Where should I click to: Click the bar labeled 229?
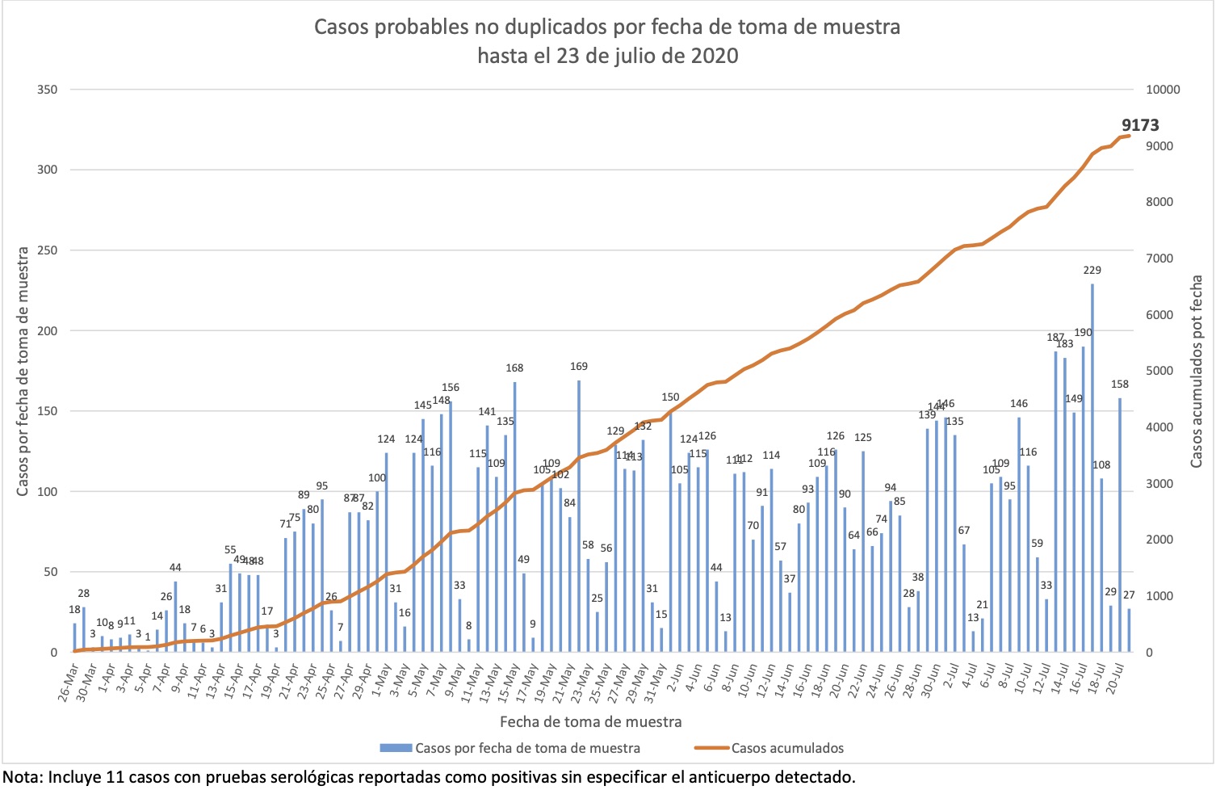pos(1092,469)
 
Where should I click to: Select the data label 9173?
pos(1140,125)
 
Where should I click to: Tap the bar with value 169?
pos(579,517)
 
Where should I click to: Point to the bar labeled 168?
pos(514,517)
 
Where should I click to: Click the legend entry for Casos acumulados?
pos(786,748)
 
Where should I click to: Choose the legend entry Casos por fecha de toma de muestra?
pos(526,748)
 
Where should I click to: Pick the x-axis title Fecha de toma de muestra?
pos(590,721)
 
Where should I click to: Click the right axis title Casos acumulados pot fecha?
pos(1197,371)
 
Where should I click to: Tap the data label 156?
pos(450,388)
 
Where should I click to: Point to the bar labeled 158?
pos(1120,525)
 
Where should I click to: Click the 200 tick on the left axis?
pos(48,330)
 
